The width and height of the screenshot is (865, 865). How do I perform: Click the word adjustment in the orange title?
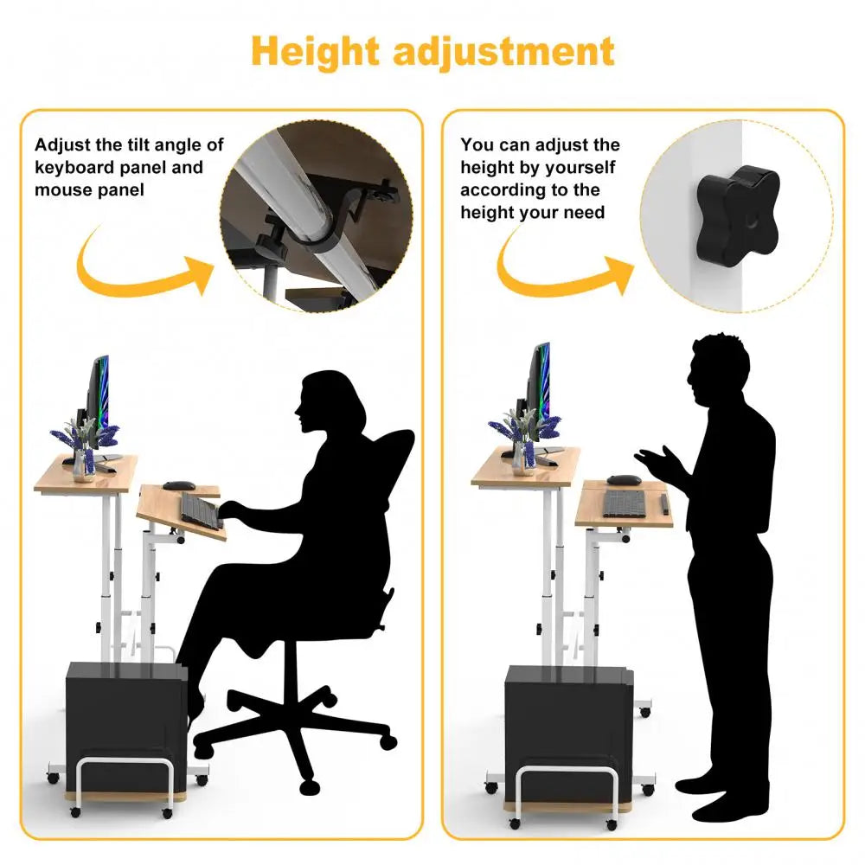coord(503,51)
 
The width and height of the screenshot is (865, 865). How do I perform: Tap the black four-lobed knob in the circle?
coord(738,212)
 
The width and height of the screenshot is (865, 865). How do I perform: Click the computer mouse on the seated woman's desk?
coord(179,485)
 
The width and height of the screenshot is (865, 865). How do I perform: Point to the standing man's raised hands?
coord(656,461)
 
